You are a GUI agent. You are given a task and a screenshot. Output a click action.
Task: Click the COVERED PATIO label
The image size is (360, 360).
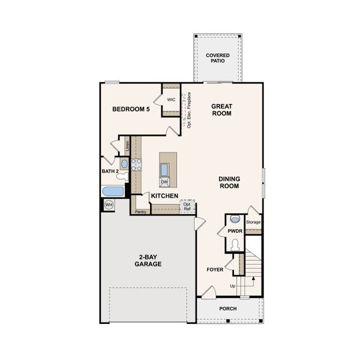pyautogui.click(x=218, y=58)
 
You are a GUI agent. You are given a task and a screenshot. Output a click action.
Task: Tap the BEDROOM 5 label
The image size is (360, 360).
pyautogui.click(x=131, y=109)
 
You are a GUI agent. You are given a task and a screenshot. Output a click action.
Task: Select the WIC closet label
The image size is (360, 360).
pyautogui.click(x=171, y=100)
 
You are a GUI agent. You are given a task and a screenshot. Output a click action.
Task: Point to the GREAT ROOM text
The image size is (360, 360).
pyautogui.click(x=221, y=110)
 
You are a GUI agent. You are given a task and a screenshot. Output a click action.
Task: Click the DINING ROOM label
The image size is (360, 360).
pyautogui.click(x=229, y=182)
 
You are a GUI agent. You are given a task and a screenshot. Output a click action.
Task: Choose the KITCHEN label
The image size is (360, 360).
pyautogui.click(x=164, y=196)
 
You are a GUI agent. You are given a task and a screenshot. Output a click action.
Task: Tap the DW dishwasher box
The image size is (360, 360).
pyautogui.click(x=164, y=182)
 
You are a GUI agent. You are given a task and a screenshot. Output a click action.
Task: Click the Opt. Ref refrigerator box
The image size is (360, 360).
pyautogui.click(x=188, y=206)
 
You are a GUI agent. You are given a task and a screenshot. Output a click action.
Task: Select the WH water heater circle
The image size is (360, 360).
pyautogui.click(x=109, y=205)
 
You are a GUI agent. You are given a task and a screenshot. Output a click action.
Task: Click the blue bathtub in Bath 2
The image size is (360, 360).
pyautogui.click(x=113, y=191)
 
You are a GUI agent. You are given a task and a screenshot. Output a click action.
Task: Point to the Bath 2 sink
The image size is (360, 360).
pyautogui.click(x=124, y=163)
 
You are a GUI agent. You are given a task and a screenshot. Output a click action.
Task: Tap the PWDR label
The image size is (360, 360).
pyautogui.click(x=235, y=230)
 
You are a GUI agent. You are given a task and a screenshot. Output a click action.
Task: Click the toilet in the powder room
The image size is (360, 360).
pyautogui.click(x=235, y=245)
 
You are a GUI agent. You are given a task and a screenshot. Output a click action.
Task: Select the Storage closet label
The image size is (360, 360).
pyautogui.click(x=253, y=223)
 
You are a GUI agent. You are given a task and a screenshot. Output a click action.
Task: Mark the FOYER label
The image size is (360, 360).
pyautogui.click(x=215, y=269)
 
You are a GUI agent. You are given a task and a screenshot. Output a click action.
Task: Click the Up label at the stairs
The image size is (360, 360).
pyautogui.click(x=233, y=286)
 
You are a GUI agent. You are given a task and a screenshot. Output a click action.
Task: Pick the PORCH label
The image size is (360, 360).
pyautogui.click(x=228, y=309)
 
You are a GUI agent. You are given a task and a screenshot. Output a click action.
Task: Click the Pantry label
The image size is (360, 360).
pyautogui.click(x=141, y=212)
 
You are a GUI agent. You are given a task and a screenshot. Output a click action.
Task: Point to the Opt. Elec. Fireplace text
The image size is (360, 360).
pyautogui.click(x=189, y=110)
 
